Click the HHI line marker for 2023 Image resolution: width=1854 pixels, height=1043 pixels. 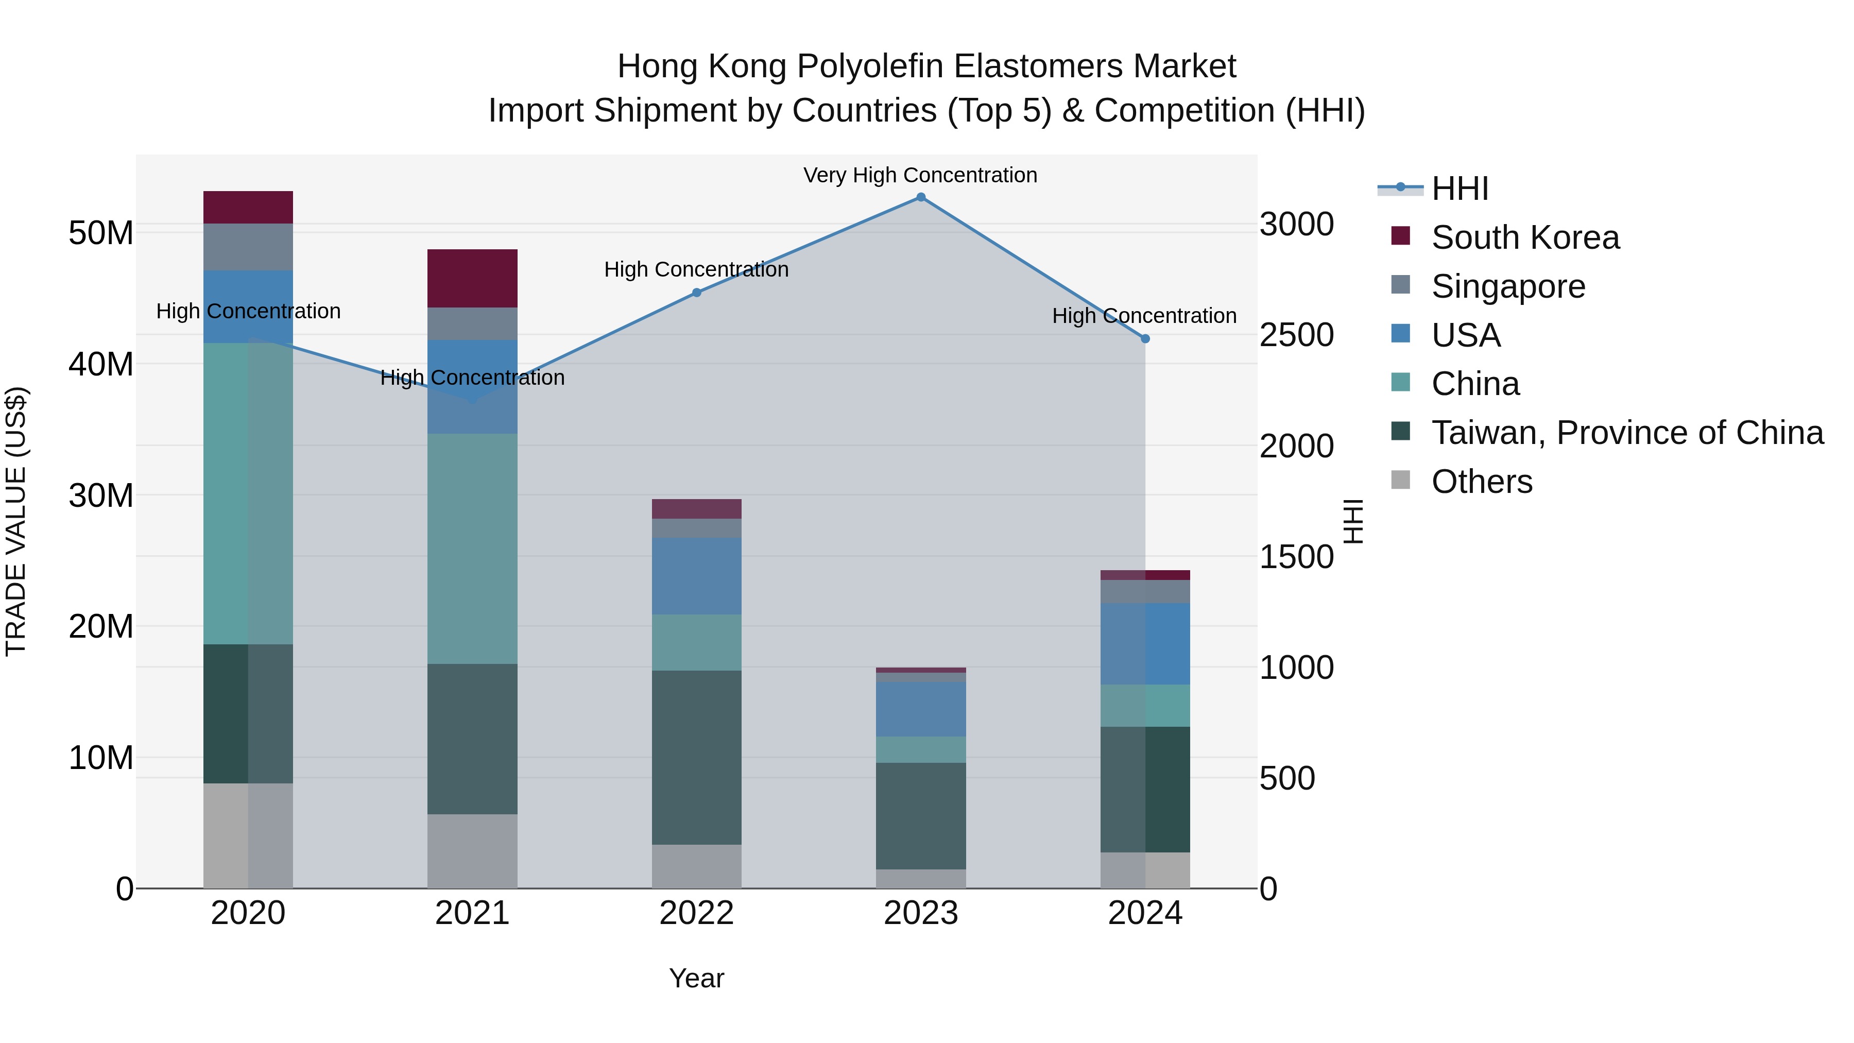click(920, 197)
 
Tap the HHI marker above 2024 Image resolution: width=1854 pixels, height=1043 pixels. click(1145, 338)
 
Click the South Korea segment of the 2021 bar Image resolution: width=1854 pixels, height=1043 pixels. click(472, 279)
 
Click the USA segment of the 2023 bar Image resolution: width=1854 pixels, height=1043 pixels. click(920, 709)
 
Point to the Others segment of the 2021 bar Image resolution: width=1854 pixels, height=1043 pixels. click(472, 851)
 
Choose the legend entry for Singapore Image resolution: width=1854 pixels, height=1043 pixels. click(1508, 286)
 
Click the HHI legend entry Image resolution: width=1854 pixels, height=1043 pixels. click(1460, 189)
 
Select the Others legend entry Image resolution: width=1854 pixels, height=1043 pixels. click(1481, 482)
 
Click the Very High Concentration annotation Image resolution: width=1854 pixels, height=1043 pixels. click(920, 175)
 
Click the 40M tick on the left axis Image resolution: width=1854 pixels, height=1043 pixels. click(101, 364)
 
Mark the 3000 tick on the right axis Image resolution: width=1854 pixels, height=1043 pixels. click(1296, 224)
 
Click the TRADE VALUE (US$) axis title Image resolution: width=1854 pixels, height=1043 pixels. click(16, 521)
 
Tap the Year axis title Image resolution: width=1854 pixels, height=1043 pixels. click(696, 978)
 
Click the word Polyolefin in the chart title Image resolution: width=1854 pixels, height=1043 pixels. click(869, 66)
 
